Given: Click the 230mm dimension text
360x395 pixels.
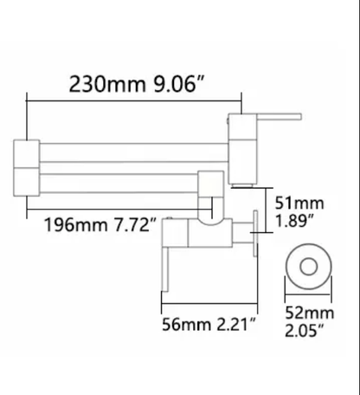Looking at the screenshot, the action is pyautogui.click(x=107, y=84).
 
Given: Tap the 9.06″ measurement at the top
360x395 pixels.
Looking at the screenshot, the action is pyautogui.click(x=179, y=84).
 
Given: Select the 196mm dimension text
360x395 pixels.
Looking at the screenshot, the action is pyautogui.click(x=76, y=225).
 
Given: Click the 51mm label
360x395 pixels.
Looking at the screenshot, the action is pyautogui.click(x=299, y=203).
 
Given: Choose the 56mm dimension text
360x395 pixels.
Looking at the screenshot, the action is pyautogui.click(x=186, y=325).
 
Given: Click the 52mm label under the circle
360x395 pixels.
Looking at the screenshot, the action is pyautogui.click(x=310, y=313).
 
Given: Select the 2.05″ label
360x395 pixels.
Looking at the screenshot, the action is pyautogui.click(x=305, y=330).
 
